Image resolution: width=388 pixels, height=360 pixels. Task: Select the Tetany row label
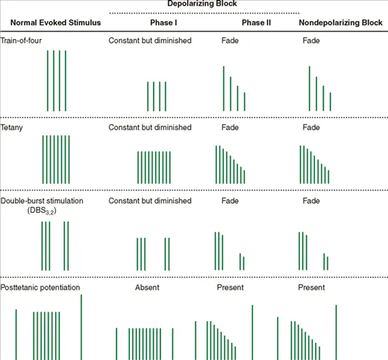(x=13, y=128)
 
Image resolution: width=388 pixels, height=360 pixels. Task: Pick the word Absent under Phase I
(x=147, y=288)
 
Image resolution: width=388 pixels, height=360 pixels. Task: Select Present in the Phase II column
(x=231, y=288)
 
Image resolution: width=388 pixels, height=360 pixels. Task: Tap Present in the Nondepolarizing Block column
(x=312, y=288)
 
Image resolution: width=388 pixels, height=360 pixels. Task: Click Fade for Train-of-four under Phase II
(x=231, y=40)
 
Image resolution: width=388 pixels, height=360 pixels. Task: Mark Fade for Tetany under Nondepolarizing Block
(x=311, y=128)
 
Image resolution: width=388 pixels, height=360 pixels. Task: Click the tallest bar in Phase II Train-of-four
(x=224, y=88)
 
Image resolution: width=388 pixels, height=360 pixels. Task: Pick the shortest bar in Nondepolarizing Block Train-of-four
(x=330, y=102)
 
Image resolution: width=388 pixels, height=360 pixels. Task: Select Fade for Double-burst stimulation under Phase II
(x=231, y=201)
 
